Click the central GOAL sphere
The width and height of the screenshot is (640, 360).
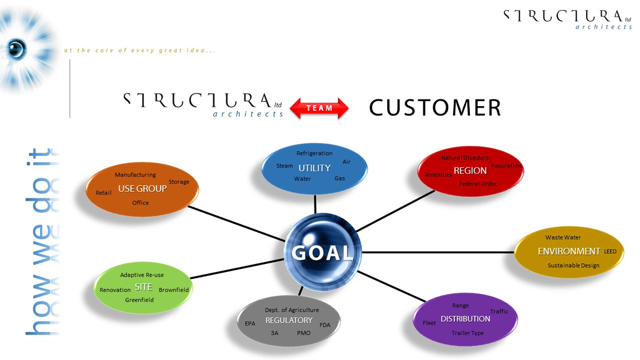click(323, 253)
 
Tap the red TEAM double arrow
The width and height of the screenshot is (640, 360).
click(319, 108)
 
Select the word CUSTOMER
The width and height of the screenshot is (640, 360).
click(435, 108)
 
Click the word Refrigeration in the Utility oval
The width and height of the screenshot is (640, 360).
click(314, 153)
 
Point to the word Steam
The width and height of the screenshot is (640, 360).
click(284, 166)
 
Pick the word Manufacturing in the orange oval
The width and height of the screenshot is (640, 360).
click(135, 175)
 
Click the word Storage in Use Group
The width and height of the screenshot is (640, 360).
click(179, 182)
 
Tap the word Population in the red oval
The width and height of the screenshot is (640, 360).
click(506, 166)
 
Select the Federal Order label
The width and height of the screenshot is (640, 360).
click(478, 184)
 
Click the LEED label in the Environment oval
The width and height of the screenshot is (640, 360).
click(610, 252)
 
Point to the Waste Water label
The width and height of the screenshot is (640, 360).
click(563, 238)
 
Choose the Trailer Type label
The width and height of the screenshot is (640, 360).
click(468, 333)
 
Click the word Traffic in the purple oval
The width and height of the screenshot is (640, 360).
click(499, 312)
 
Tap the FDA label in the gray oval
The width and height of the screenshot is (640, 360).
click(324, 324)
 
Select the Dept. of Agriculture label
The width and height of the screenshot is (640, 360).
click(292, 310)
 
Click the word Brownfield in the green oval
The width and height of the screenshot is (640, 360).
click(174, 290)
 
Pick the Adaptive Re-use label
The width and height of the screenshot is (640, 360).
click(142, 275)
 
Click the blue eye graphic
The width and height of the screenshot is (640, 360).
click(17, 49)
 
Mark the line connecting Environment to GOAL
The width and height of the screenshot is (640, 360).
click(439, 252)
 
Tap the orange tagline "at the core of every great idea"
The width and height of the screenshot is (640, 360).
click(139, 51)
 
